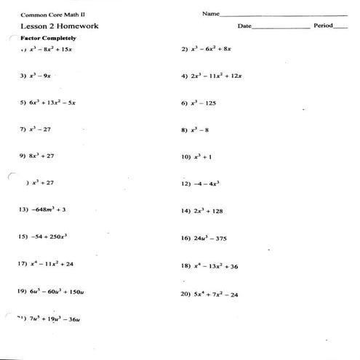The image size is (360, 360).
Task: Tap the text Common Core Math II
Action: tap(47, 13)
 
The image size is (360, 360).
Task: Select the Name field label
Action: tap(210, 13)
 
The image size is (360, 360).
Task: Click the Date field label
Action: tap(244, 25)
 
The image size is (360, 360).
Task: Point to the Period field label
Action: tap(323, 25)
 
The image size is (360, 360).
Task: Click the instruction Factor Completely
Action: tap(48, 38)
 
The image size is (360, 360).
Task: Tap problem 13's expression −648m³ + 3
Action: tap(49, 209)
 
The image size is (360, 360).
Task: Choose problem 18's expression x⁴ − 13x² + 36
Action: tap(215, 265)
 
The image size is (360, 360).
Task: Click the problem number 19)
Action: tap(21, 291)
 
